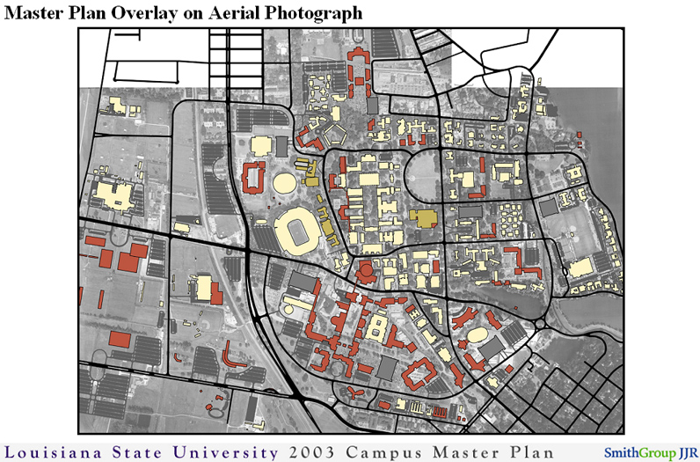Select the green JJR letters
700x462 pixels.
click(687, 452)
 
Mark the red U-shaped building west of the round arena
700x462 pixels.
click(252, 178)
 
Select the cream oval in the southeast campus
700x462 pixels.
click(478, 334)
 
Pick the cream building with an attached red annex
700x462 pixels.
click(205, 288)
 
